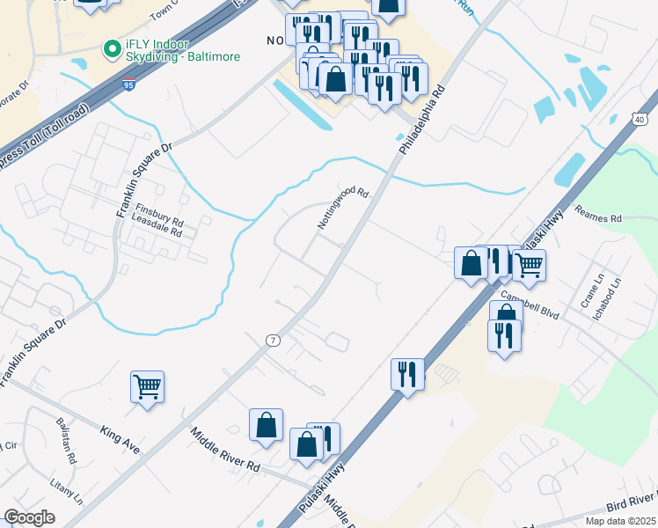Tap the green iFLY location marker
click(x=112, y=49)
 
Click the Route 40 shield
click(x=639, y=120)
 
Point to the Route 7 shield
click(x=273, y=340)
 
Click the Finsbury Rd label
click(x=159, y=216)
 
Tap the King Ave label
click(x=121, y=440)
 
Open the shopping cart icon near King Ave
click(x=147, y=386)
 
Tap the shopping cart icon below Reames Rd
click(x=529, y=264)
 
